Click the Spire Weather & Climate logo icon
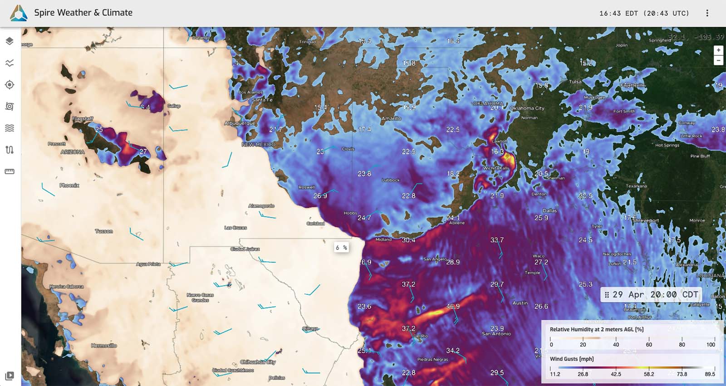pos(19,13)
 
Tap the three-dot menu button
pos(707,13)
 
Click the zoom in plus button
pos(718,50)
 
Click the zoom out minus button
pos(718,60)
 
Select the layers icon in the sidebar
pos(10,41)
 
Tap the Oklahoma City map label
pos(527,108)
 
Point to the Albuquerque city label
pos(240,123)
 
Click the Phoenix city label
pos(69,186)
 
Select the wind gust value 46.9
pos(452,307)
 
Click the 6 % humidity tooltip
pos(341,248)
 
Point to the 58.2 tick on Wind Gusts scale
pos(649,374)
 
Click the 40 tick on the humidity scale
pos(616,345)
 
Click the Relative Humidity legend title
pos(597,329)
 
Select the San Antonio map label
pos(496,334)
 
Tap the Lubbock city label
pos(390,180)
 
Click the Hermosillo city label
pos(104,346)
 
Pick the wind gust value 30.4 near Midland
pos(408,240)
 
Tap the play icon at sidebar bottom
pos(10,376)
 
